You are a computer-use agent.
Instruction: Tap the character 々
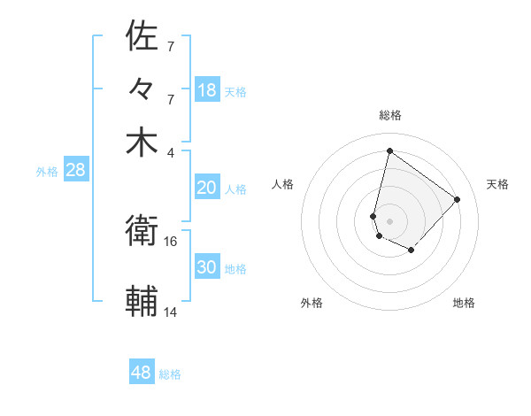pos(142,89)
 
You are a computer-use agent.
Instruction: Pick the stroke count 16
pos(171,241)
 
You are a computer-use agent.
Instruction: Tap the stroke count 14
pos(171,312)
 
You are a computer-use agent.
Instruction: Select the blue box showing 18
pos(207,90)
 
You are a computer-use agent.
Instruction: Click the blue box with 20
pos(207,188)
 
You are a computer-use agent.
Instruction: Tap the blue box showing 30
pos(207,267)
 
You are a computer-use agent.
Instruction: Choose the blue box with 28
pos(76,171)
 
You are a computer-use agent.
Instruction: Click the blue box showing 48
pos(142,373)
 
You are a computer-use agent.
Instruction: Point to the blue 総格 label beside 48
pos(170,374)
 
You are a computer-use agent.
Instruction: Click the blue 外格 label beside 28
pos(47,172)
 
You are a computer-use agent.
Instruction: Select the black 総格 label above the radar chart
pos(389,115)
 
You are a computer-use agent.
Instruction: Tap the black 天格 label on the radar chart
pos(497,184)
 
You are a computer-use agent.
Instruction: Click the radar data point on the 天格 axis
pos(457,199)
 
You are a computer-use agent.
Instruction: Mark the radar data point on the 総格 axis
pos(389,150)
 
